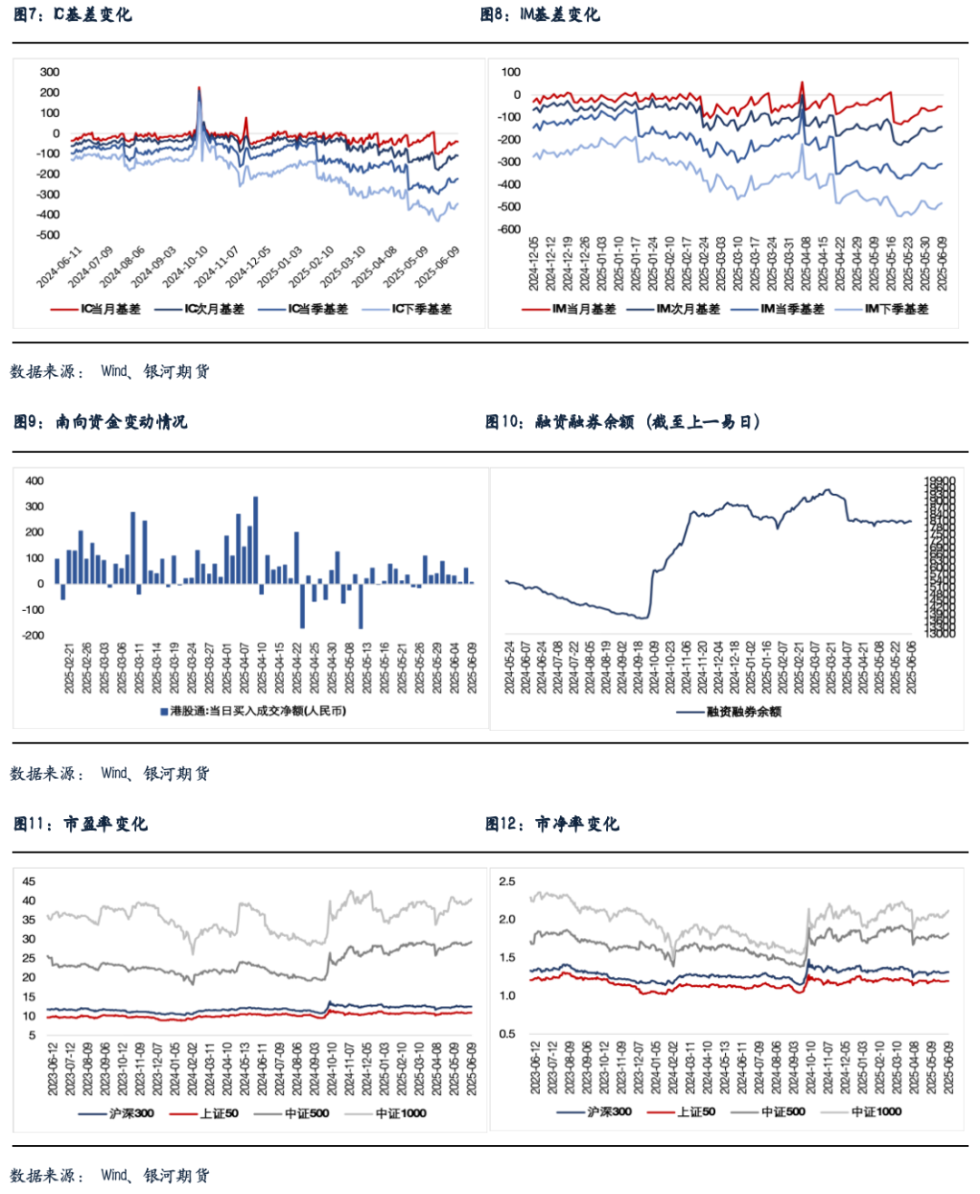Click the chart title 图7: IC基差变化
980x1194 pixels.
73,15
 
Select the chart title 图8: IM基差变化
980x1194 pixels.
540,15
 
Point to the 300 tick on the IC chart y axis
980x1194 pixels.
50,72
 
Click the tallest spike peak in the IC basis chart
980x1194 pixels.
200,88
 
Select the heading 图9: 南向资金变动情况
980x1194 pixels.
100,421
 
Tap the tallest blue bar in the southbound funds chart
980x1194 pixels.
256,498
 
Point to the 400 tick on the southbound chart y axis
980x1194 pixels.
34,481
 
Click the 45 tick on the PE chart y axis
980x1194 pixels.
29,882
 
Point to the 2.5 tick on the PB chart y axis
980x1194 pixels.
506,882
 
